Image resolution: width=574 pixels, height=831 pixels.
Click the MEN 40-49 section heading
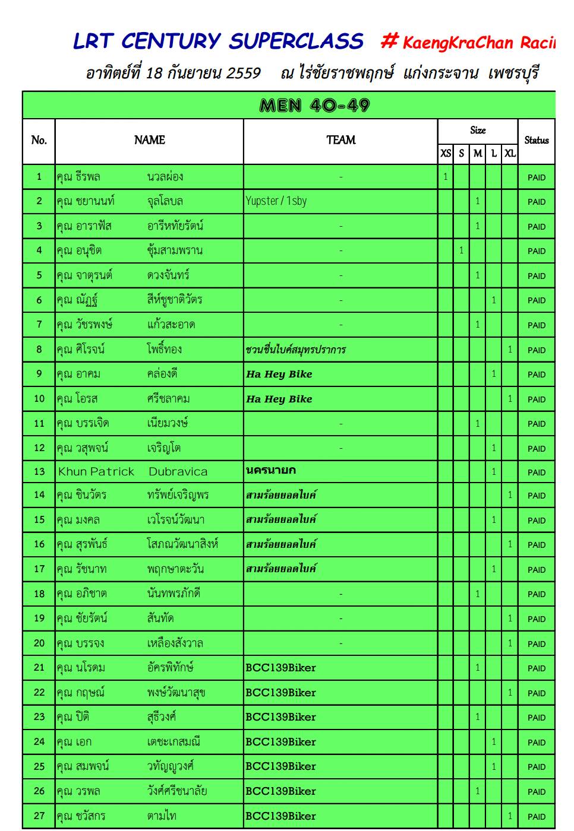315,106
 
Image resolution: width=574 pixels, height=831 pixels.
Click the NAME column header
149,140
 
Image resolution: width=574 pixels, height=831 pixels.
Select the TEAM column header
340,140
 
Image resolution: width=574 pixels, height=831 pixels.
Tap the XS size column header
446,154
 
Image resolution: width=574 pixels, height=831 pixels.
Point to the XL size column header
510,154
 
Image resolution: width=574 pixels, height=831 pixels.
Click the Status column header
536,141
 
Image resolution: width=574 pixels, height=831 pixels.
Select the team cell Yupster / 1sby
276,201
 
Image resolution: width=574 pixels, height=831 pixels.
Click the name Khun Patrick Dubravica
133,472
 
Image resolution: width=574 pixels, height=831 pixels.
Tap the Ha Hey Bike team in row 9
279,375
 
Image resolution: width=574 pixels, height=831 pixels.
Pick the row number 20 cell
39,643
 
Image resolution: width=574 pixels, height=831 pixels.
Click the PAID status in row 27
536,817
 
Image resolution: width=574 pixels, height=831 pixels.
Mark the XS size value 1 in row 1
446,177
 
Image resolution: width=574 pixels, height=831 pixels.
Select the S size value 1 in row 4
461,250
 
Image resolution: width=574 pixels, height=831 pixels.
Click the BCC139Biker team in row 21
280,668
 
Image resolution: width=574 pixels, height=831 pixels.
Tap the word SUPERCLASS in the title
296,41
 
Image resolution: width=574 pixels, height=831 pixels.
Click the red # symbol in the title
389,40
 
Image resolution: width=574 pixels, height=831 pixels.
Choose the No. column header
39,141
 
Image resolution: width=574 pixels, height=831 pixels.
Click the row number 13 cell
39,472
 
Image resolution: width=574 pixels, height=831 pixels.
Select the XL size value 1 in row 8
510,350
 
